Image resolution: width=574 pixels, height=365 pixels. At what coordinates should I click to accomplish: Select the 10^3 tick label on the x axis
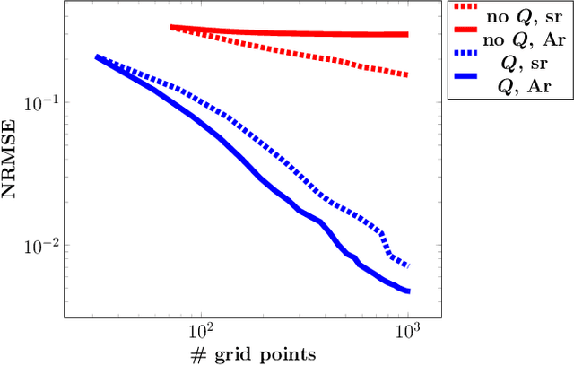tap(408, 330)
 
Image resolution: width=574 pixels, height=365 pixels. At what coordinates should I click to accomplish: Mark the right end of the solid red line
tap(408, 34)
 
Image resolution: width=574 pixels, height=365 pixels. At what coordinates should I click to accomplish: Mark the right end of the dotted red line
tap(408, 74)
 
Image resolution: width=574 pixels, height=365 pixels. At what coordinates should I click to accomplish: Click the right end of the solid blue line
tap(408, 291)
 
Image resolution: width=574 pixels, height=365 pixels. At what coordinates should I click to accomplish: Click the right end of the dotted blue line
tap(408, 266)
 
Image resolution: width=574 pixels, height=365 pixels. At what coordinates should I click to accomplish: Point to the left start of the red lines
tap(171, 27)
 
